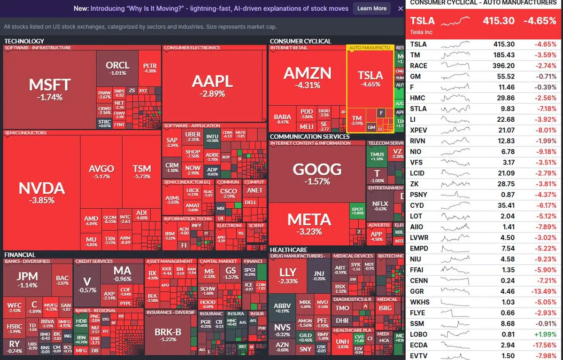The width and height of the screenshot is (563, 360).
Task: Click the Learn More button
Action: click(371, 8)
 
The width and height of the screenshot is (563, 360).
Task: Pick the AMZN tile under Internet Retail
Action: click(307, 78)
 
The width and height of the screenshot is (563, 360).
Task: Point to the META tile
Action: click(309, 223)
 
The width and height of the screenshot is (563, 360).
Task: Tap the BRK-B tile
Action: click(168, 335)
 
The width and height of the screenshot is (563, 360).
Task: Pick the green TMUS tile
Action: click(377, 156)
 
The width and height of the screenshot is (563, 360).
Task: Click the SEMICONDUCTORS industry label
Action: click(25, 133)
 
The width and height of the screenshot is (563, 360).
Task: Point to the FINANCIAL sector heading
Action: click(20, 255)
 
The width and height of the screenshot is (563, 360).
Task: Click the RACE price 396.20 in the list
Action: click(504, 66)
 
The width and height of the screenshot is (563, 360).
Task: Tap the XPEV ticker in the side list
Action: click(418, 130)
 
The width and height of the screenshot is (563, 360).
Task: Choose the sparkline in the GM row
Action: click(455, 77)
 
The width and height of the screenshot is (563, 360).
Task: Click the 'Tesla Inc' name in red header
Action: click(421, 32)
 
